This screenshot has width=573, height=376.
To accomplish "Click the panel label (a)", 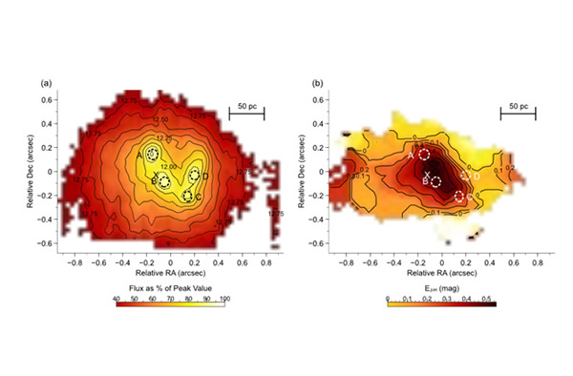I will point(45,84).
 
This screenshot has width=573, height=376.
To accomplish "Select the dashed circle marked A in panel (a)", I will point(153,155).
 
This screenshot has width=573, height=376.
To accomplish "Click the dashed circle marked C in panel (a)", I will point(188,196).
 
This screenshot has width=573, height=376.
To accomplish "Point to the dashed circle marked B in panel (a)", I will point(164,181).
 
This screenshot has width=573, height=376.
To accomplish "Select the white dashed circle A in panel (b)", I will point(425,154).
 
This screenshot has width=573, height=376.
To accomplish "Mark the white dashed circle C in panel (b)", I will point(460,197).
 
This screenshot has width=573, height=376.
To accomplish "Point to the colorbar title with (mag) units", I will point(442,286).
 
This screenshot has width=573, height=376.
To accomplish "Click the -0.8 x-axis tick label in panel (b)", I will point(348,258).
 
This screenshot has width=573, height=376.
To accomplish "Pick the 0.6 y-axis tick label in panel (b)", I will point(334,100).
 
